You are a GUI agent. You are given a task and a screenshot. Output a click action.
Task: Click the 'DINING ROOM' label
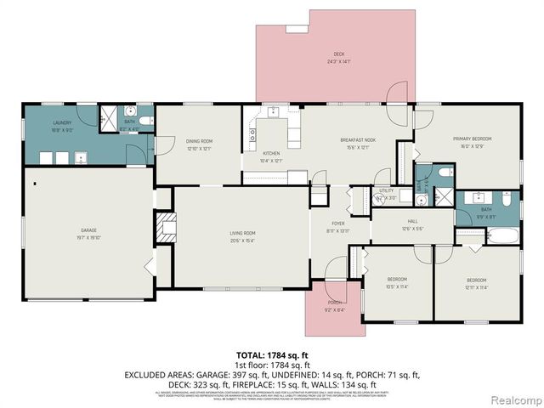coord(199,141)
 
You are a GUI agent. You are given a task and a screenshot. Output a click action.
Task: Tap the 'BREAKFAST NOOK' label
coord(358,139)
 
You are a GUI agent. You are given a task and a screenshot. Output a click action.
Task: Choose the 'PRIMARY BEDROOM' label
coord(472,139)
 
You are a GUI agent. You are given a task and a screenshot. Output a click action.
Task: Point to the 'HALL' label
coord(412,221)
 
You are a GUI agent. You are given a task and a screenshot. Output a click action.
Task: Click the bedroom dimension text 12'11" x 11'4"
coord(475,287)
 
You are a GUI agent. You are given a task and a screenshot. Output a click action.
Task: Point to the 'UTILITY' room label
coord(387,191)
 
